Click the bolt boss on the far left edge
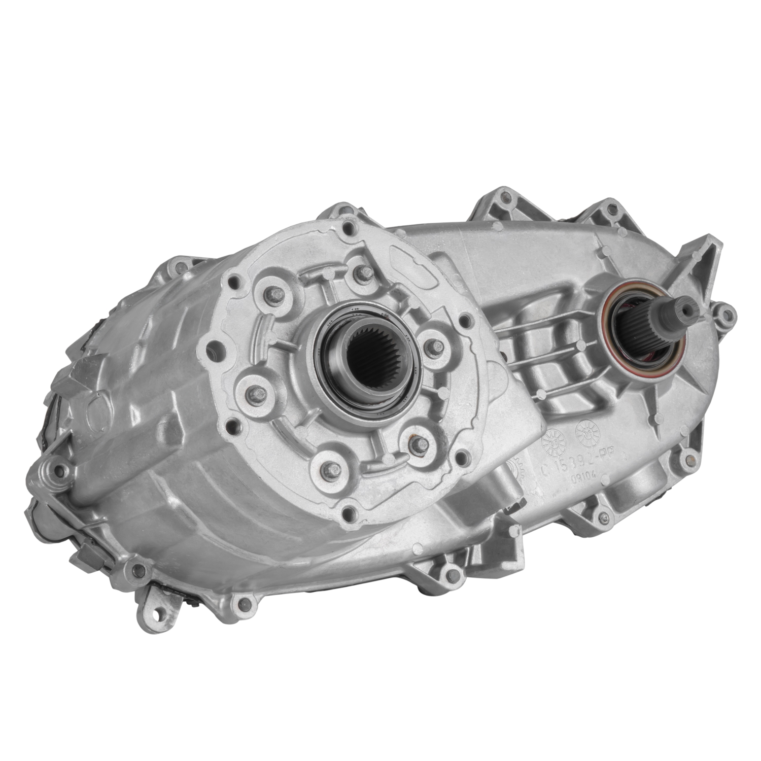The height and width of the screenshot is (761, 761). point(56,468)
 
